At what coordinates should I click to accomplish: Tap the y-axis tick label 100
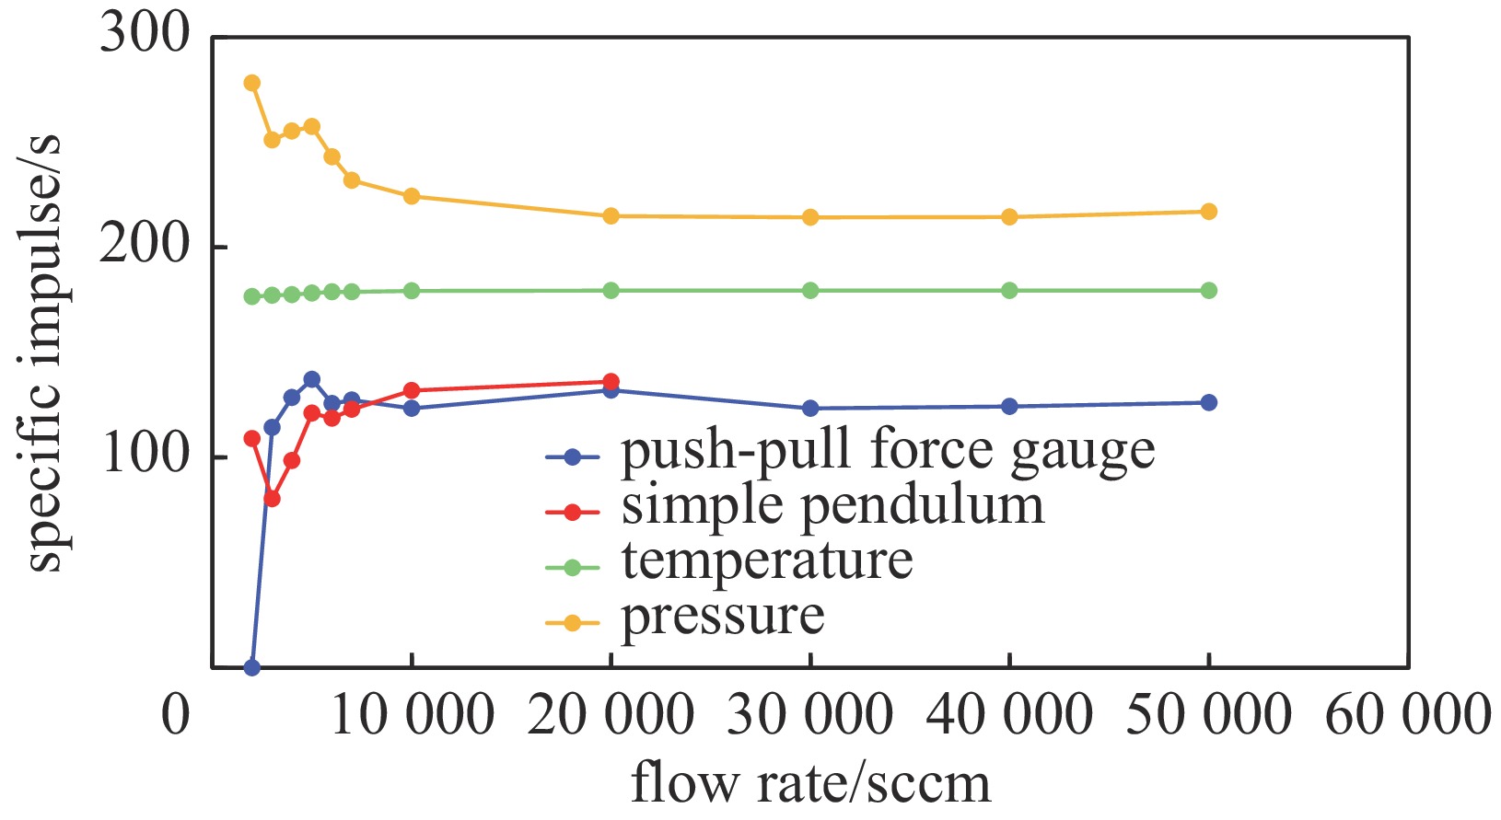tap(145, 455)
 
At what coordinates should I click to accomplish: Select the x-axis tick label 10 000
tap(412, 715)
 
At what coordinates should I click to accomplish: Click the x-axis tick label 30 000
tap(810, 715)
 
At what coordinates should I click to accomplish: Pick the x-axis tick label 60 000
tap(1407, 715)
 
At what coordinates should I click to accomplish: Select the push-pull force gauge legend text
tap(888, 452)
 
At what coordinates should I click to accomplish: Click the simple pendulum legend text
tap(832, 507)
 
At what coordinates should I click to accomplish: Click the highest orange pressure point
tap(251, 83)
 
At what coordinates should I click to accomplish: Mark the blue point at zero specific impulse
tap(251, 667)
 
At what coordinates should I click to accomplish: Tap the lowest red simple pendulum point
tap(272, 498)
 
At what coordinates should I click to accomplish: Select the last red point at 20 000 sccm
tap(611, 382)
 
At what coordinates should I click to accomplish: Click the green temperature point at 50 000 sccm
tap(1209, 291)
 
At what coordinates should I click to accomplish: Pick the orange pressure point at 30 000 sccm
tap(810, 217)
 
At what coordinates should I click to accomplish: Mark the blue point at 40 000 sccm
tap(1009, 406)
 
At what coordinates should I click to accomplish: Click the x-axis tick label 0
tap(175, 715)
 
